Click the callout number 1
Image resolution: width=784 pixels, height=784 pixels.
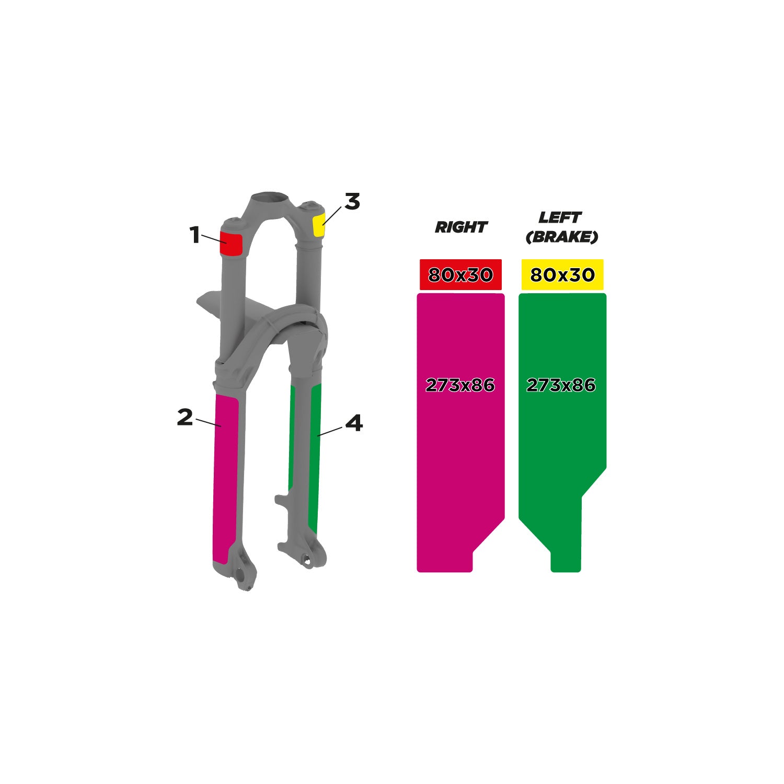pyautogui.click(x=194, y=235)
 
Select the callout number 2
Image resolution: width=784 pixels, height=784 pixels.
pyautogui.click(x=185, y=417)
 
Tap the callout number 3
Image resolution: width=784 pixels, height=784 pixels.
pyautogui.click(x=352, y=202)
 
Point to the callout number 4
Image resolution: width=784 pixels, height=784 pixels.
pyautogui.click(x=354, y=423)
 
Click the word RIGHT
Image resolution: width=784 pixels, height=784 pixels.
pyautogui.click(x=460, y=227)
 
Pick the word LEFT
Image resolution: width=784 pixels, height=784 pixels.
pyautogui.click(x=560, y=217)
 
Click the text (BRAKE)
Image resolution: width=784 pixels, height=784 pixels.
pyautogui.click(x=561, y=237)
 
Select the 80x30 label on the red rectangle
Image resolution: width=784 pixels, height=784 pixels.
pyautogui.click(x=460, y=275)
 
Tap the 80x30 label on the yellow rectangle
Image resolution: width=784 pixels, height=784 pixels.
pyautogui.click(x=562, y=275)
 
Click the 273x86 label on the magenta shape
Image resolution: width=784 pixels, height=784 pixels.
pyautogui.click(x=460, y=385)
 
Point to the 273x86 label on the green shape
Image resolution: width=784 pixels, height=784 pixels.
pyautogui.click(x=561, y=385)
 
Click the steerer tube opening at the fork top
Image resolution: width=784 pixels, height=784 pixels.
pyautogui.click(x=269, y=199)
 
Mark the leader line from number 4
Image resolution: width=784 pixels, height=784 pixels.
pyautogui.click(x=330, y=431)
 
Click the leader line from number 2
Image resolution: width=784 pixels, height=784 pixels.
pyautogui.click(x=208, y=422)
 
